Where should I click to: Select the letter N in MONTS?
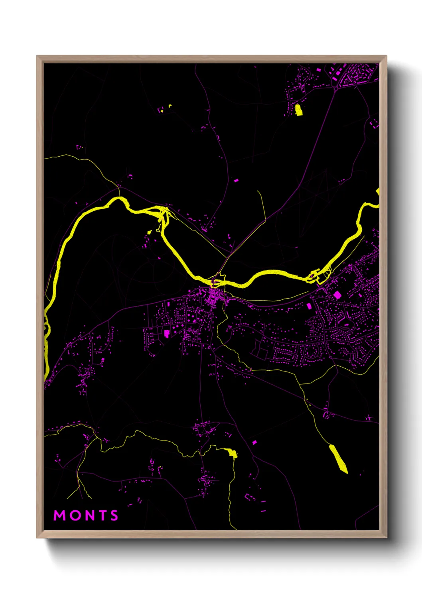(88, 515)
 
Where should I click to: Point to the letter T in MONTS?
(101, 515)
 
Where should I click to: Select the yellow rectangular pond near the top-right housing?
(298, 110)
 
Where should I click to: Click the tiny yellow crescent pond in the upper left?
(170, 106)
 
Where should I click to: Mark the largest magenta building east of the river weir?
(337, 295)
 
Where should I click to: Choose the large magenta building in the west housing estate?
(166, 333)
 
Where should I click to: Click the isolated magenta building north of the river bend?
(236, 181)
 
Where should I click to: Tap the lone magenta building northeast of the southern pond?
(254, 442)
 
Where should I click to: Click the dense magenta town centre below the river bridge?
(215, 297)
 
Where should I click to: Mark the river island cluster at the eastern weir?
(315, 276)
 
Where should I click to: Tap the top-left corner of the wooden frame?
(37, 56)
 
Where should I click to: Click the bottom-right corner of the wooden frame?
(386, 537)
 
